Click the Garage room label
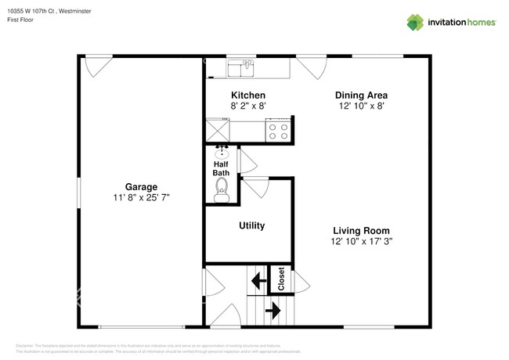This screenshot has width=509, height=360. click(141, 187)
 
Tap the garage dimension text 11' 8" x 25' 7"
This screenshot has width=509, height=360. click(141, 199)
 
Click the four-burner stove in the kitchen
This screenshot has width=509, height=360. click(278, 130)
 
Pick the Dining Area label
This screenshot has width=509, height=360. click(363, 95)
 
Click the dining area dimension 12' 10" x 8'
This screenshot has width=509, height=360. click(363, 106)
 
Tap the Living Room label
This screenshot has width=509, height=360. click(361, 231)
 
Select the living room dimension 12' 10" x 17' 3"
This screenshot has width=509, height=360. click(361, 243)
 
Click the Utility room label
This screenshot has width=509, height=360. click(251, 225)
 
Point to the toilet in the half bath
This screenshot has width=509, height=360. click(222, 189)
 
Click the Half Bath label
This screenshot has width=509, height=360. click(222, 167)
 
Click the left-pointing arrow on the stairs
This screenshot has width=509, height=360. click(256, 279)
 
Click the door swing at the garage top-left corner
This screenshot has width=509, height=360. click(98, 65)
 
